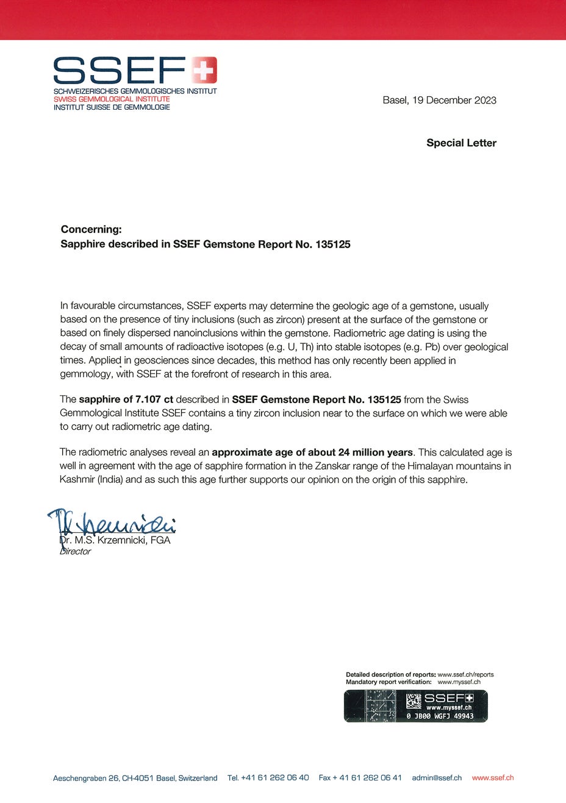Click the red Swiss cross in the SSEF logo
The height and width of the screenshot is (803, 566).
[x=204, y=70]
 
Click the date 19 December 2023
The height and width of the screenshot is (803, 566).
[x=454, y=100]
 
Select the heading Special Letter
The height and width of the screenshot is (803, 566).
[x=461, y=143]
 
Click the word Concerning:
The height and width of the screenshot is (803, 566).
[x=91, y=229]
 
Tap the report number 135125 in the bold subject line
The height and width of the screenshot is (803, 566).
[x=333, y=244]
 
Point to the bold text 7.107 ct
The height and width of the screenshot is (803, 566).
[x=154, y=399]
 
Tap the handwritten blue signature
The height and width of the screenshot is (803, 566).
[x=113, y=523]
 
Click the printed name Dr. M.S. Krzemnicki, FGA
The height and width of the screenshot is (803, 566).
[x=115, y=540]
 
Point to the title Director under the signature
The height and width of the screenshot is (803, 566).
[x=75, y=551]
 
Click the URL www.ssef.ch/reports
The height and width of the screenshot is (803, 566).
[x=465, y=674]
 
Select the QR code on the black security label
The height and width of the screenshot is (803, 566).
[x=414, y=701]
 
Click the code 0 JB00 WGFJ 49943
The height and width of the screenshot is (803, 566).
[x=440, y=716]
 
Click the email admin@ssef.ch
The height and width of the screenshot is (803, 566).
[x=437, y=777]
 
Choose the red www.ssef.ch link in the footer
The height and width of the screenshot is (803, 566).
[x=493, y=777]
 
